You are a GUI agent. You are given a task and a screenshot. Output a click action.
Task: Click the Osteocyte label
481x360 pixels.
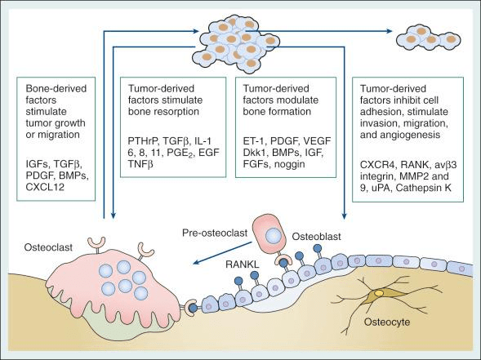(x=387, y=322)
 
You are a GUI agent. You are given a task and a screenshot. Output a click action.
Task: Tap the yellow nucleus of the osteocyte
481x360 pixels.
(x=379, y=293)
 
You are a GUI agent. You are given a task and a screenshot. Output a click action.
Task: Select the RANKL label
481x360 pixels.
(x=242, y=264)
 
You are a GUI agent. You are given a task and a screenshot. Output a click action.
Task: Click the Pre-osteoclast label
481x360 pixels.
(x=215, y=233)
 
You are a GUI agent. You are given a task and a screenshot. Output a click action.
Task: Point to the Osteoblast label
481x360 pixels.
(x=316, y=237)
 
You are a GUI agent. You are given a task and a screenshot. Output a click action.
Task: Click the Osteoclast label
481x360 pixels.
(x=48, y=247)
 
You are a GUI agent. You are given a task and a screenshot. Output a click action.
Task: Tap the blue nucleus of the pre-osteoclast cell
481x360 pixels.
(x=274, y=236)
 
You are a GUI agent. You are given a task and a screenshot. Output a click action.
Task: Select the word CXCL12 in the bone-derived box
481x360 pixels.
(x=45, y=187)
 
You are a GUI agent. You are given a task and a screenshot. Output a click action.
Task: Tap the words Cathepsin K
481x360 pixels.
(x=423, y=188)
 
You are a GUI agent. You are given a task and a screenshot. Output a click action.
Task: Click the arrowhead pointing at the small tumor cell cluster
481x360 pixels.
(x=389, y=31)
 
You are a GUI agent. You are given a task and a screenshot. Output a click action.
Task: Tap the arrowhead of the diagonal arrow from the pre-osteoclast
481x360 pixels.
(x=196, y=262)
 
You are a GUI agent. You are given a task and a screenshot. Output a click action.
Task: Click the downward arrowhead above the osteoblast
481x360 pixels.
(x=344, y=216)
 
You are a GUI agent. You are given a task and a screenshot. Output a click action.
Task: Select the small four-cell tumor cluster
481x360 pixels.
(x=429, y=38)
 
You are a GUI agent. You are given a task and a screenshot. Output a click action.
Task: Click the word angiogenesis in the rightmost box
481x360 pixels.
(x=400, y=135)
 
